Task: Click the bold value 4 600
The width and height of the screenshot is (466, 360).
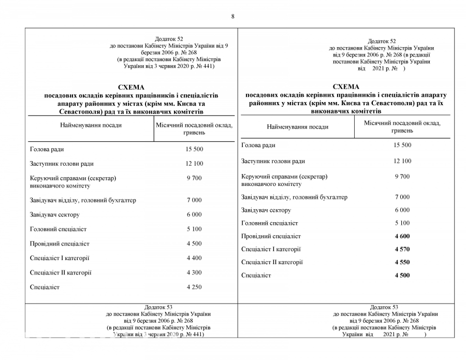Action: coord(402,236)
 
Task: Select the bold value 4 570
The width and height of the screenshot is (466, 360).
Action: coord(402,249)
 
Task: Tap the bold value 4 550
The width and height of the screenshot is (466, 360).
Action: coord(402,262)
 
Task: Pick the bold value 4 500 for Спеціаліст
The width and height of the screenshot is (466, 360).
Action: coord(402,275)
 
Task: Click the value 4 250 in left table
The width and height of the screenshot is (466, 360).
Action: coord(194,287)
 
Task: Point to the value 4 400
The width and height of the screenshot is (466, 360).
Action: coord(194,258)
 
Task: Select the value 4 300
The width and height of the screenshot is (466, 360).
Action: coord(194,272)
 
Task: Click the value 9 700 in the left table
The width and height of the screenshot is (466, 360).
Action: coord(194,178)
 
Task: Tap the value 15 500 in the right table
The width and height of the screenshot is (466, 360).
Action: coord(402,145)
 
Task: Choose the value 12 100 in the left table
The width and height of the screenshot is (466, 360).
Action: coord(194,164)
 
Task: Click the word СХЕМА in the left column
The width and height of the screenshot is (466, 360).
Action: coord(131,87)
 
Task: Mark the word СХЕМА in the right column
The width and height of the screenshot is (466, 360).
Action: coord(346,87)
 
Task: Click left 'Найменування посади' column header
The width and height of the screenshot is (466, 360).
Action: coord(91,125)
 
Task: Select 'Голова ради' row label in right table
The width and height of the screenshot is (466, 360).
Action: coord(258,146)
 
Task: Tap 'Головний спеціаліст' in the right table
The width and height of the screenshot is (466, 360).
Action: coord(269,223)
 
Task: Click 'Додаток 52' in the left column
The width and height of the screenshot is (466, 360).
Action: coord(169,39)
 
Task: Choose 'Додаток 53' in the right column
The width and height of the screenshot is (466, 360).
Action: coord(384,307)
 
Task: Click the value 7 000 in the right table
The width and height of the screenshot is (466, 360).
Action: coord(402,197)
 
